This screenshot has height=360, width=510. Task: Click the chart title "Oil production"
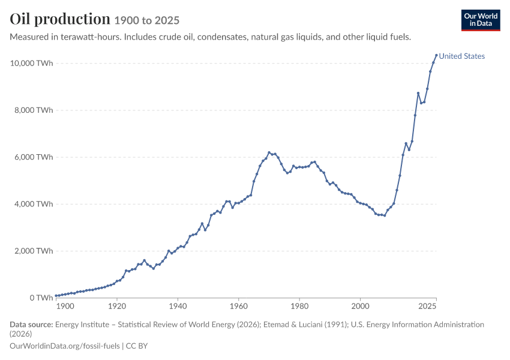pyautogui.click(x=60, y=19)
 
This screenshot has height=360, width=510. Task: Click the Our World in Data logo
pyautogui.click(x=481, y=20)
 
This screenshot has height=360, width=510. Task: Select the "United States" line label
pyautogui.click(x=461, y=56)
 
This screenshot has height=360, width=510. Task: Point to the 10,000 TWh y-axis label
pyautogui.click(x=31, y=63)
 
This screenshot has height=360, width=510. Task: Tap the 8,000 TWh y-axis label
pyautogui.click(x=34, y=110)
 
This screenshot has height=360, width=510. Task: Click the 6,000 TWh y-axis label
pyautogui.click(x=34, y=157)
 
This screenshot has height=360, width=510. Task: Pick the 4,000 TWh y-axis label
pyautogui.click(x=34, y=204)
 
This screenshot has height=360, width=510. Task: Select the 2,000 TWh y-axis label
pyautogui.click(x=34, y=251)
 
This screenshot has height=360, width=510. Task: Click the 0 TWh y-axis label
pyautogui.click(x=41, y=298)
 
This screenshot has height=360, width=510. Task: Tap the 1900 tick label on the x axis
pyautogui.click(x=65, y=306)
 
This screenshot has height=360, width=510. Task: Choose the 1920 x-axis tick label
pyautogui.click(x=117, y=306)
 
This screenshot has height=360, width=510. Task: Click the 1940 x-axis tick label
pyautogui.click(x=178, y=306)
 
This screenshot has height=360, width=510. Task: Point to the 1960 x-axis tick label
pyautogui.click(x=238, y=306)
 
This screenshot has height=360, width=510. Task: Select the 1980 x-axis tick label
pyautogui.click(x=299, y=306)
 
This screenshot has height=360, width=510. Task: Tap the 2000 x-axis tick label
pyautogui.click(x=360, y=306)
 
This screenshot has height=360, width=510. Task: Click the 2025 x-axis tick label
pyautogui.click(x=427, y=306)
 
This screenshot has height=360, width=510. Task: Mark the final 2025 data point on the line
pyautogui.click(x=436, y=55)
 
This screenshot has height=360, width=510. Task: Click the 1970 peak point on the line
pyautogui.click(x=269, y=152)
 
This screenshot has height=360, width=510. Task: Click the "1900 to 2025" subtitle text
pyautogui.click(x=146, y=20)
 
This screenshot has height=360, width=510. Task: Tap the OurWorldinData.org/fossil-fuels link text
pyautogui.click(x=65, y=346)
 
